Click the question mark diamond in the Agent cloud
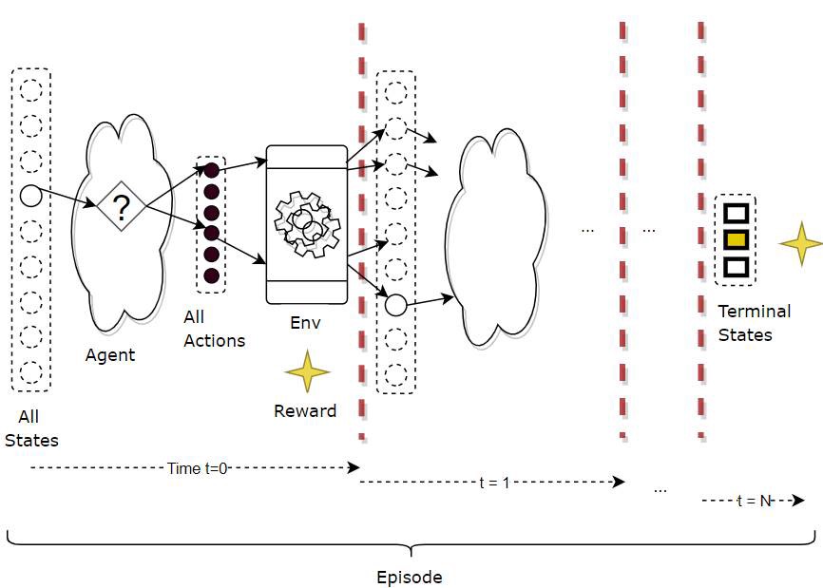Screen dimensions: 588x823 tap(121, 205)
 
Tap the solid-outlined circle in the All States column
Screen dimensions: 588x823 tap(30, 197)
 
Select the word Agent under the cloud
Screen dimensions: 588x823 tap(110, 355)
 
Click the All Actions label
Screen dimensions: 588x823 tap(214, 329)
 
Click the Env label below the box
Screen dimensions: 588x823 tap(306, 323)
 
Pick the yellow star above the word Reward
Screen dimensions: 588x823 tap(307, 371)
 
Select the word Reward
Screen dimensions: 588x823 tap(305, 411)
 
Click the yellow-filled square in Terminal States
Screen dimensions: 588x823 tap(735, 239)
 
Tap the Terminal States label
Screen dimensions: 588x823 tap(754, 323)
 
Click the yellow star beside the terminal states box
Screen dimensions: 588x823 tap(800, 243)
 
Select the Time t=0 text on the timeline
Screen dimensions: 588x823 tap(197, 468)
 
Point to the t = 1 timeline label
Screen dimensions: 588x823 tap(494, 483)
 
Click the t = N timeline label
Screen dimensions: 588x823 tap(754, 501)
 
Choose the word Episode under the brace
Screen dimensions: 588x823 tap(409, 577)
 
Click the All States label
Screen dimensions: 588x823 tap(30, 428)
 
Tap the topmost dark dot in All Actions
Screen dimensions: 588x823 tap(211, 170)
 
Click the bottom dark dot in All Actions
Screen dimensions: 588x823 tap(211, 275)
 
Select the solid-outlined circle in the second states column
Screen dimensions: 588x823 tap(395, 305)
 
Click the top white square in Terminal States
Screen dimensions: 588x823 tap(735, 213)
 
